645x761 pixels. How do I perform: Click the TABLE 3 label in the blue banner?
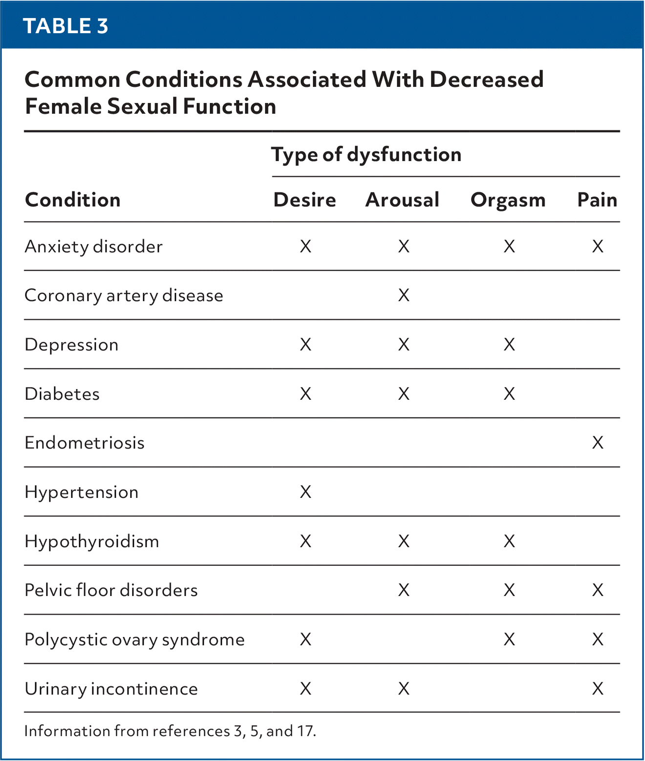pos(65,26)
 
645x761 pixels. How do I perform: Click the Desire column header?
pos(304,200)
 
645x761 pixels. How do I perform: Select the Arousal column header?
pos(402,200)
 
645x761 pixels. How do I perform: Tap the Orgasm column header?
pos(508,201)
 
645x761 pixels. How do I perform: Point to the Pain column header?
pos(597,200)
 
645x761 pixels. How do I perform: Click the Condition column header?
pos(73,200)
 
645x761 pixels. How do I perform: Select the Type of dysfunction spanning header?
pos(366,155)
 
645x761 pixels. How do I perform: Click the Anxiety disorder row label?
pos(93,247)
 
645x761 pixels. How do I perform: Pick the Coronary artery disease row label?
pos(124,295)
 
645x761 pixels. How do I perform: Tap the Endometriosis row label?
pos(85,443)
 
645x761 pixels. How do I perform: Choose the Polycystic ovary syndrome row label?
pos(134,639)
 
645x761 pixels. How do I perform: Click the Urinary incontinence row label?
pos(111,689)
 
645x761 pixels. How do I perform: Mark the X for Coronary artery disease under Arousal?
pos(404,295)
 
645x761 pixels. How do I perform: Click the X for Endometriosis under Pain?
pos(598,443)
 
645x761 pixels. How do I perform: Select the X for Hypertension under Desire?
pos(305,492)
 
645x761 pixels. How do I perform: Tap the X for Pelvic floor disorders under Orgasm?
pos(509,590)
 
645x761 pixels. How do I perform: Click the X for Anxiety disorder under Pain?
pos(598,247)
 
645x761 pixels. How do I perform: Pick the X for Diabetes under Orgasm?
pos(509,394)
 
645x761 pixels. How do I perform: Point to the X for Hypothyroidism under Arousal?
pos(404,541)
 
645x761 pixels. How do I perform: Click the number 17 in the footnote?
pos(305,731)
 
